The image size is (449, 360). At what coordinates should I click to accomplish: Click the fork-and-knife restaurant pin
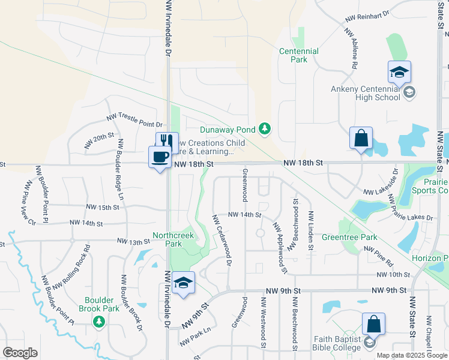coord(167,142)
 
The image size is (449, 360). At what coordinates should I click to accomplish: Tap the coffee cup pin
coord(160,157)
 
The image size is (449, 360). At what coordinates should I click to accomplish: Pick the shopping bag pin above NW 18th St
coord(361,139)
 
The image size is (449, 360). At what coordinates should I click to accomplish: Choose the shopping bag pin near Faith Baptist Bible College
coord(373,325)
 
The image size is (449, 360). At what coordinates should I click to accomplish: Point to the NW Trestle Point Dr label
coord(134,119)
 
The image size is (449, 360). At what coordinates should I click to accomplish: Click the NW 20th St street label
coord(99,141)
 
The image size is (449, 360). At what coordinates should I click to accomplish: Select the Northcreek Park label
coord(173,239)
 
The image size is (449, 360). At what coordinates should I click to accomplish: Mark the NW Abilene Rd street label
coord(351,48)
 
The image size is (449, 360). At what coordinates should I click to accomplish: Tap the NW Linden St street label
coord(310,230)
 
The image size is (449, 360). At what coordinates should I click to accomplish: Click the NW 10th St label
coord(393,274)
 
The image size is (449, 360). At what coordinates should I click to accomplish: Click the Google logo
coord(20,353)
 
